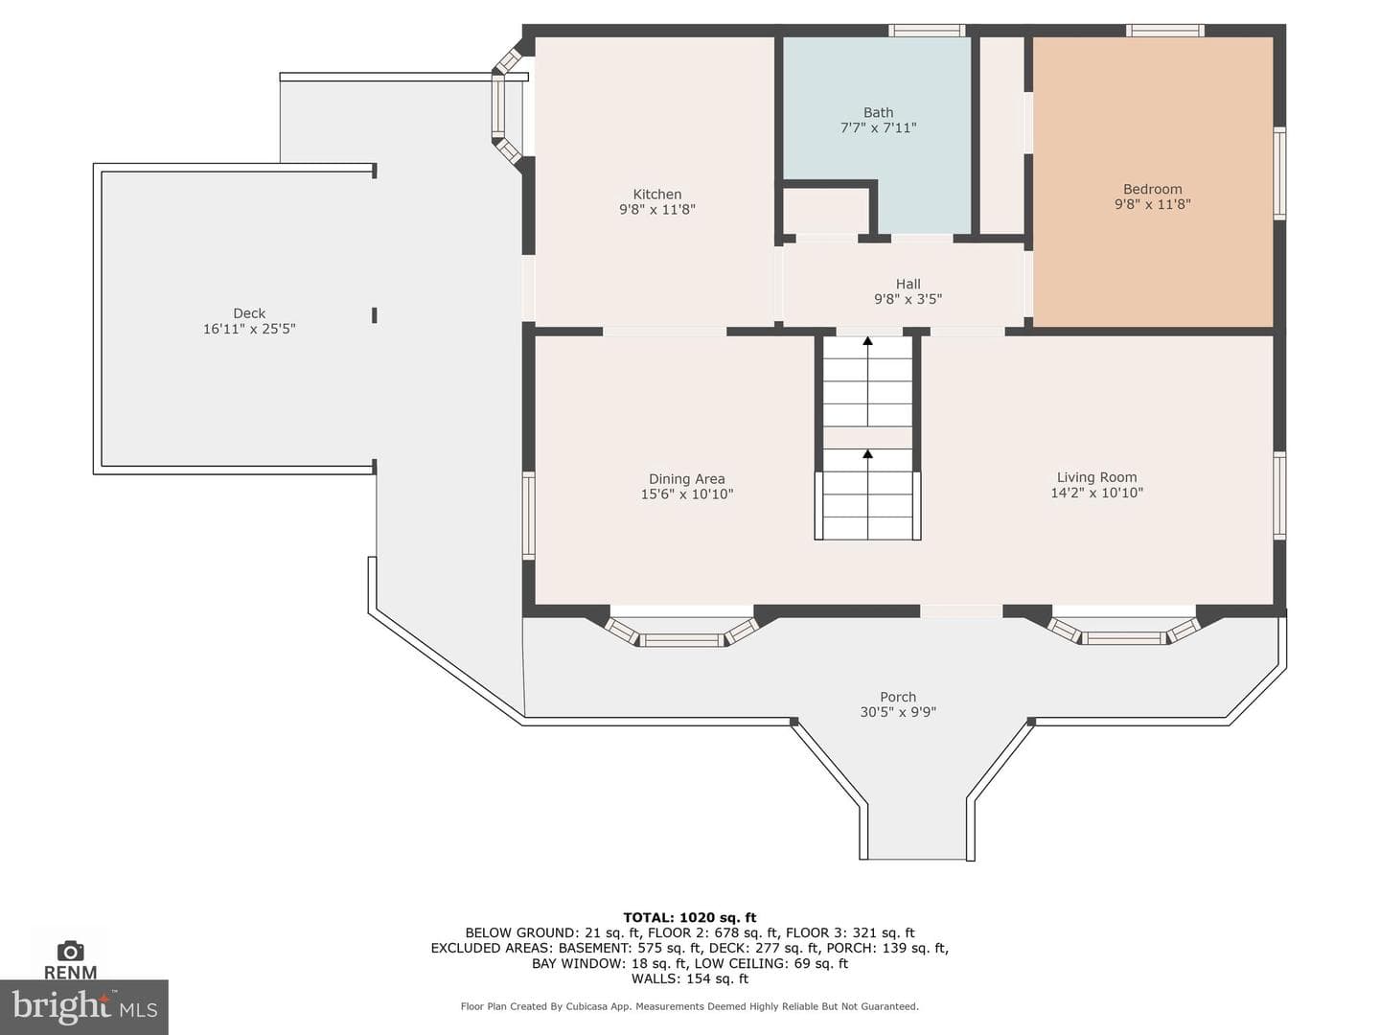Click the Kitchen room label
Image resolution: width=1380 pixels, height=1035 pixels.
coord(657,195)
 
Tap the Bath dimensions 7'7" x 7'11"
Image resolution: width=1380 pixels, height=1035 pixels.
coord(878,128)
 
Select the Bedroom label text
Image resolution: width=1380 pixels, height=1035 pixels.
coord(1153,189)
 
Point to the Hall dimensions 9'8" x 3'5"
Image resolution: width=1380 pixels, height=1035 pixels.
coord(908,299)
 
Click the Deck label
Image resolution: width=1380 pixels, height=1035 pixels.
coord(249,313)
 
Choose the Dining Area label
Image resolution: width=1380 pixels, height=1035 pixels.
coord(686,479)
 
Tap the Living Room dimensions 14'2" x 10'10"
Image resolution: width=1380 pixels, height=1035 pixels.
coord(1096,493)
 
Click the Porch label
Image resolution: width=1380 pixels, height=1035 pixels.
coord(898,697)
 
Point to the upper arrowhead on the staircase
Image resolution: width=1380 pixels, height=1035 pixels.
coord(867,341)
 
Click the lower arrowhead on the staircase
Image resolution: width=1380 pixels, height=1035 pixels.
coord(867,453)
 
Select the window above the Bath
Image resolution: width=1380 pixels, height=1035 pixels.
coord(926,30)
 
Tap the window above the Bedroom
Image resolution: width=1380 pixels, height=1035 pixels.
coord(1165,30)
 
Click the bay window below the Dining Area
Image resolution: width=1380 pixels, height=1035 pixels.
coord(682,632)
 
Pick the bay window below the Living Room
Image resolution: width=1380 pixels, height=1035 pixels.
coord(1123,631)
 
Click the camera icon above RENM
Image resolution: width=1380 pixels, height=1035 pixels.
coord(70,952)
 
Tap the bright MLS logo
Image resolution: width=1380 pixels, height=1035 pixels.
coord(84,1006)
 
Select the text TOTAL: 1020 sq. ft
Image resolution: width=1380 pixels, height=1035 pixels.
coord(690,918)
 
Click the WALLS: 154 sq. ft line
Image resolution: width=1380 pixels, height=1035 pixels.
coord(690,978)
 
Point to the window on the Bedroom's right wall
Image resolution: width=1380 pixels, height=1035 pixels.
coord(1279,173)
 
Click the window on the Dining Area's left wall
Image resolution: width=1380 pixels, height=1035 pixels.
coord(529,516)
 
